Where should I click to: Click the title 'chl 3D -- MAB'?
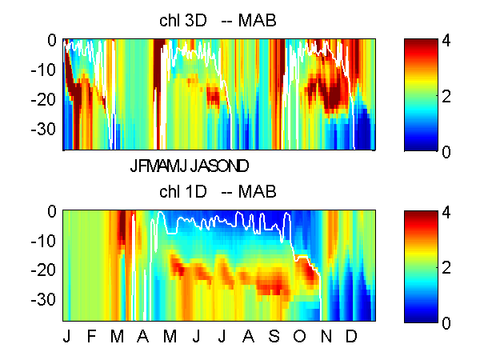coord(218,21)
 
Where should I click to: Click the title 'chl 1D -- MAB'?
coord(218,192)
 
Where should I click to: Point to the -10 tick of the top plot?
coord(46,70)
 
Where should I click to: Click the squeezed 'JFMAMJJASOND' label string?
coord(190,166)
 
